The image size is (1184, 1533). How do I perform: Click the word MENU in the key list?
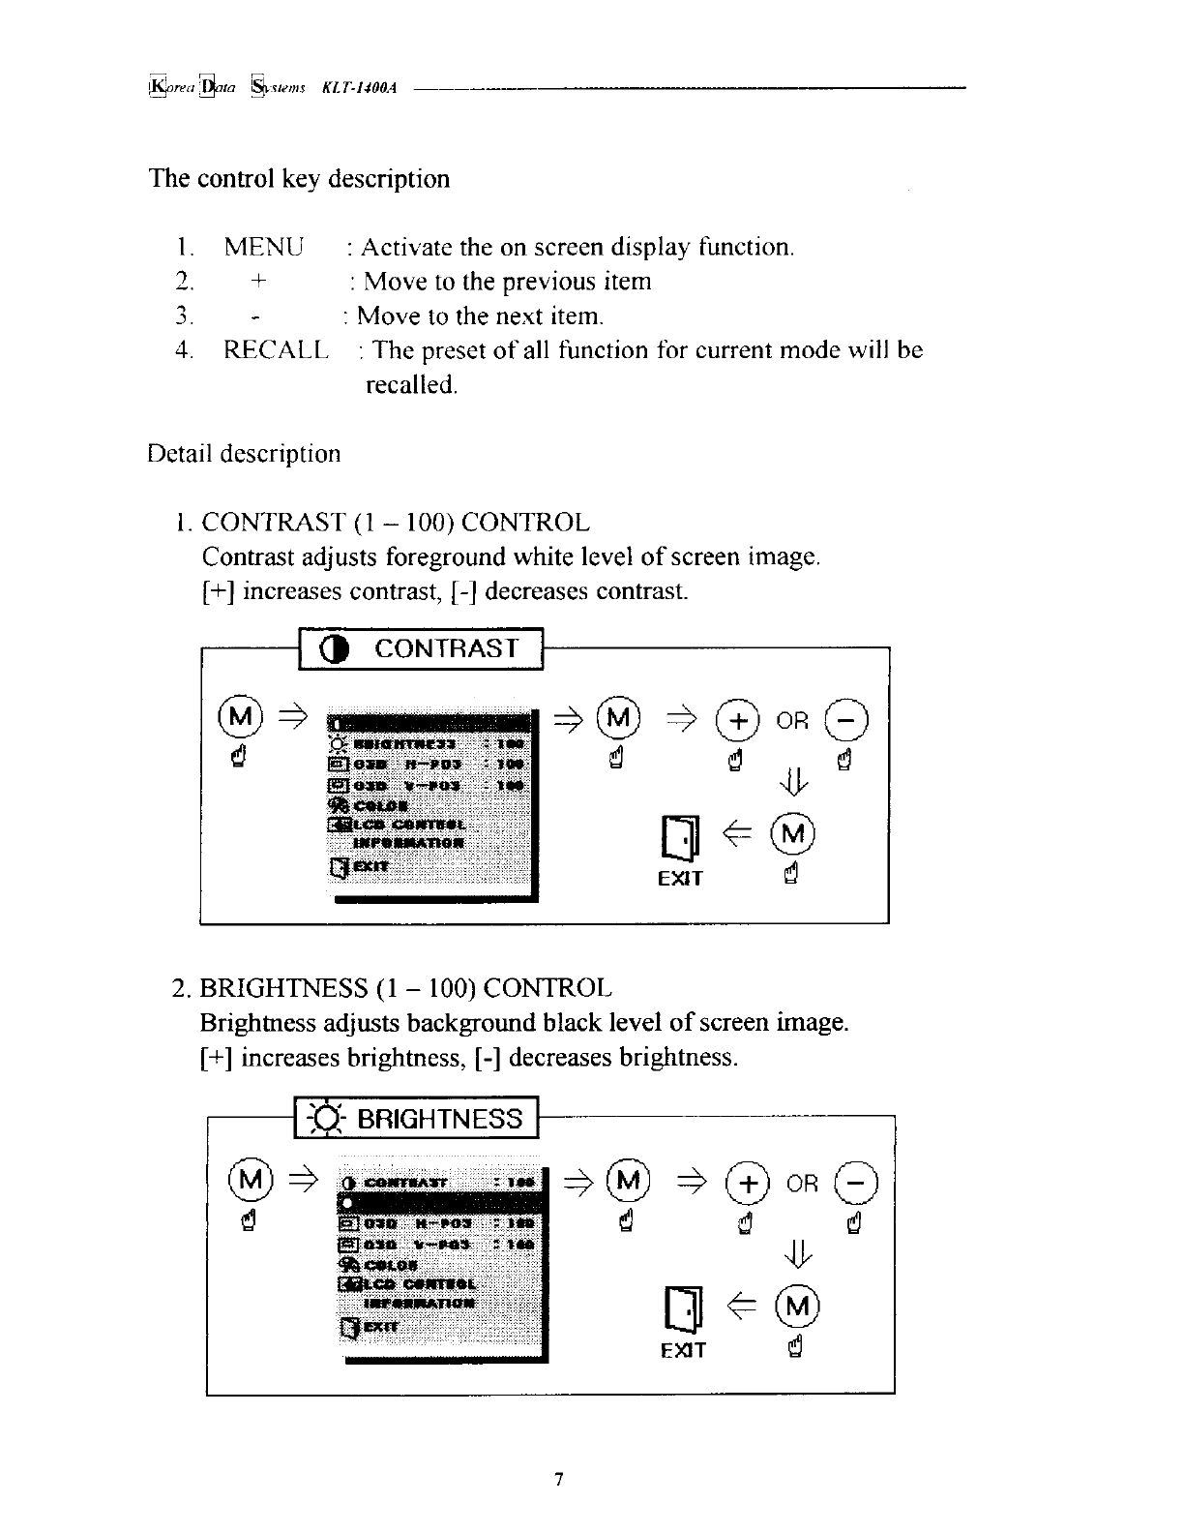263,247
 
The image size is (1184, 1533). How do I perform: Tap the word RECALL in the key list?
276,350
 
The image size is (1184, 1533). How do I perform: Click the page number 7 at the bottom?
557,1479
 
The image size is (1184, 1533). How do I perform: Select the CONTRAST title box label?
446,648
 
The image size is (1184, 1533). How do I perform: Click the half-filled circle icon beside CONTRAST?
337,650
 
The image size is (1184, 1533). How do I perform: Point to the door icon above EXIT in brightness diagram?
682,1309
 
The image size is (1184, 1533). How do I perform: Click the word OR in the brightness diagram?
802,1184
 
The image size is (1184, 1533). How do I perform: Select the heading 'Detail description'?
244,454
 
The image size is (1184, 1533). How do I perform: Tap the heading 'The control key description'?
299,179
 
